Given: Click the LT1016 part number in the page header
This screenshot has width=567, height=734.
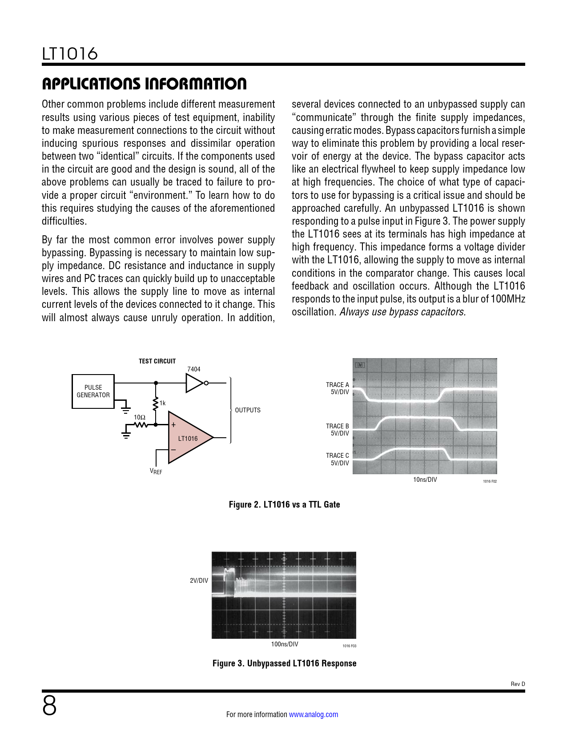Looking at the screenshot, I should pos(70,54).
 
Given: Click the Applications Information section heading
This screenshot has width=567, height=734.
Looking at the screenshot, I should pos(144,84).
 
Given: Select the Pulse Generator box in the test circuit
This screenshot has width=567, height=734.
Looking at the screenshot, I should pos(93,391).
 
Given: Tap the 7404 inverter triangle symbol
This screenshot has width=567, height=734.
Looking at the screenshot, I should pos(195,383).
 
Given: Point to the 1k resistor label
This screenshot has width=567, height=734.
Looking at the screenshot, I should pos(163,403).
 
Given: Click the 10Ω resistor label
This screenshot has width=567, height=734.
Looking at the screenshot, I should pos(140,417).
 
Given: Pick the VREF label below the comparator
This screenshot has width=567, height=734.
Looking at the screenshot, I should pos(156,472).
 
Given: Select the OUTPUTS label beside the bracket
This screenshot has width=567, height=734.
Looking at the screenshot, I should pos(248,410).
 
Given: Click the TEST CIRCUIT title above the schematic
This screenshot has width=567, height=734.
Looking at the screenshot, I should pos(157,361).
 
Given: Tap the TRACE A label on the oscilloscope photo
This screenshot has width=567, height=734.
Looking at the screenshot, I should pos(338,385).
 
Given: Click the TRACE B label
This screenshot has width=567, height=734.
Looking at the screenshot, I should pos(338,426).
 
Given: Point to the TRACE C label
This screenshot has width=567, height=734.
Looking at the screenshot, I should pos(338,456).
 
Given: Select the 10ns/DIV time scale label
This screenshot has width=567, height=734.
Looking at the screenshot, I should pos(425,480).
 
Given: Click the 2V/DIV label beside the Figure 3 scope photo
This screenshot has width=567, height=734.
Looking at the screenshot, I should pos(199,581).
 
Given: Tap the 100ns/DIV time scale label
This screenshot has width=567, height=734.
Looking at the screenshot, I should pos(285,644).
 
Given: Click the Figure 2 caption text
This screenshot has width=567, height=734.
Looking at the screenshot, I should pos(284,504).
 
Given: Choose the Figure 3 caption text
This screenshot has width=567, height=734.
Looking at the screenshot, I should pos(284,663).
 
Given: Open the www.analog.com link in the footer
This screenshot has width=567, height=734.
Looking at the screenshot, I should pos(314,714).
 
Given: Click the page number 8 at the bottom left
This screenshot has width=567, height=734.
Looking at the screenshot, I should pos(49,706).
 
